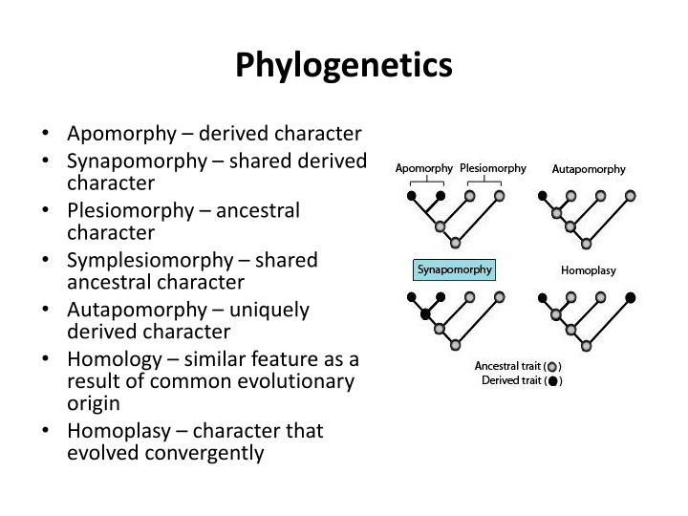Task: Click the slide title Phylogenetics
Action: tap(344, 65)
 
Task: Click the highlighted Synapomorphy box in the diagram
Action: tap(454, 269)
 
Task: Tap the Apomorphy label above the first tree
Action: tap(423, 169)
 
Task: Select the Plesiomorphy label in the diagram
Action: tap(493, 168)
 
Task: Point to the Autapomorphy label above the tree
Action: tap(589, 169)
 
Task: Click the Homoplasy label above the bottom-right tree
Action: tap(589, 270)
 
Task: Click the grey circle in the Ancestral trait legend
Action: tap(552, 367)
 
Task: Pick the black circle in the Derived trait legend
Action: tap(552, 382)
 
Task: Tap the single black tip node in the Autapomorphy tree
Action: tap(542, 196)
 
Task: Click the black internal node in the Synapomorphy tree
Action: tap(426, 313)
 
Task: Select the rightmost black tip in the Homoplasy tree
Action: tap(631, 297)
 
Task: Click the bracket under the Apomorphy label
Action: tap(425, 182)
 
